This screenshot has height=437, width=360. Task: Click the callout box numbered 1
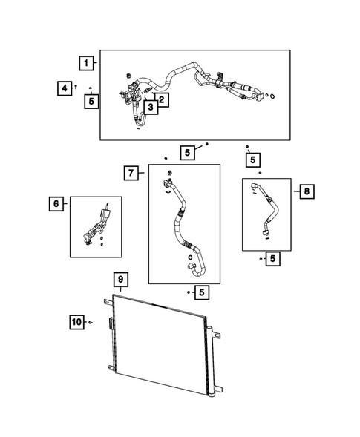[86, 63]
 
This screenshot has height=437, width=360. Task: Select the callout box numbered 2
[162, 99]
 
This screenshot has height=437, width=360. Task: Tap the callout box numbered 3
[151, 107]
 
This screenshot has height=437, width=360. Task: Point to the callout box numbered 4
[65, 88]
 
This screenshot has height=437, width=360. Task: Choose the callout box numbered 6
[56, 204]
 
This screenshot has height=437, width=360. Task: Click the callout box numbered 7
[131, 173]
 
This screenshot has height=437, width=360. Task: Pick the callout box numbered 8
[307, 191]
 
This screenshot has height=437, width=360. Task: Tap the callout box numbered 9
[121, 280]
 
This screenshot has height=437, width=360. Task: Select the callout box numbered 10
[76, 322]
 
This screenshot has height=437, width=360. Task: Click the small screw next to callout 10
[91, 323]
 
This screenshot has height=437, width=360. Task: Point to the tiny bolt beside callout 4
[76, 87]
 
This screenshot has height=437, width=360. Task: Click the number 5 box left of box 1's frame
[91, 101]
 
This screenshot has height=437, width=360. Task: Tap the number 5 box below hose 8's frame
[272, 259]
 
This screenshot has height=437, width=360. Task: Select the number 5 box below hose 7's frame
[202, 292]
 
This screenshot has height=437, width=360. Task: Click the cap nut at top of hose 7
[169, 173]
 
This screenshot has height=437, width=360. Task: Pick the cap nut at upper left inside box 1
[129, 76]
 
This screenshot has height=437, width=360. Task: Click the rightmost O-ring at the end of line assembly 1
[272, 96]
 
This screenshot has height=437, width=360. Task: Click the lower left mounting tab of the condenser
[111, 368]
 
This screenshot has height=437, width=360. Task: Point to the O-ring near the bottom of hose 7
[190, 257]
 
